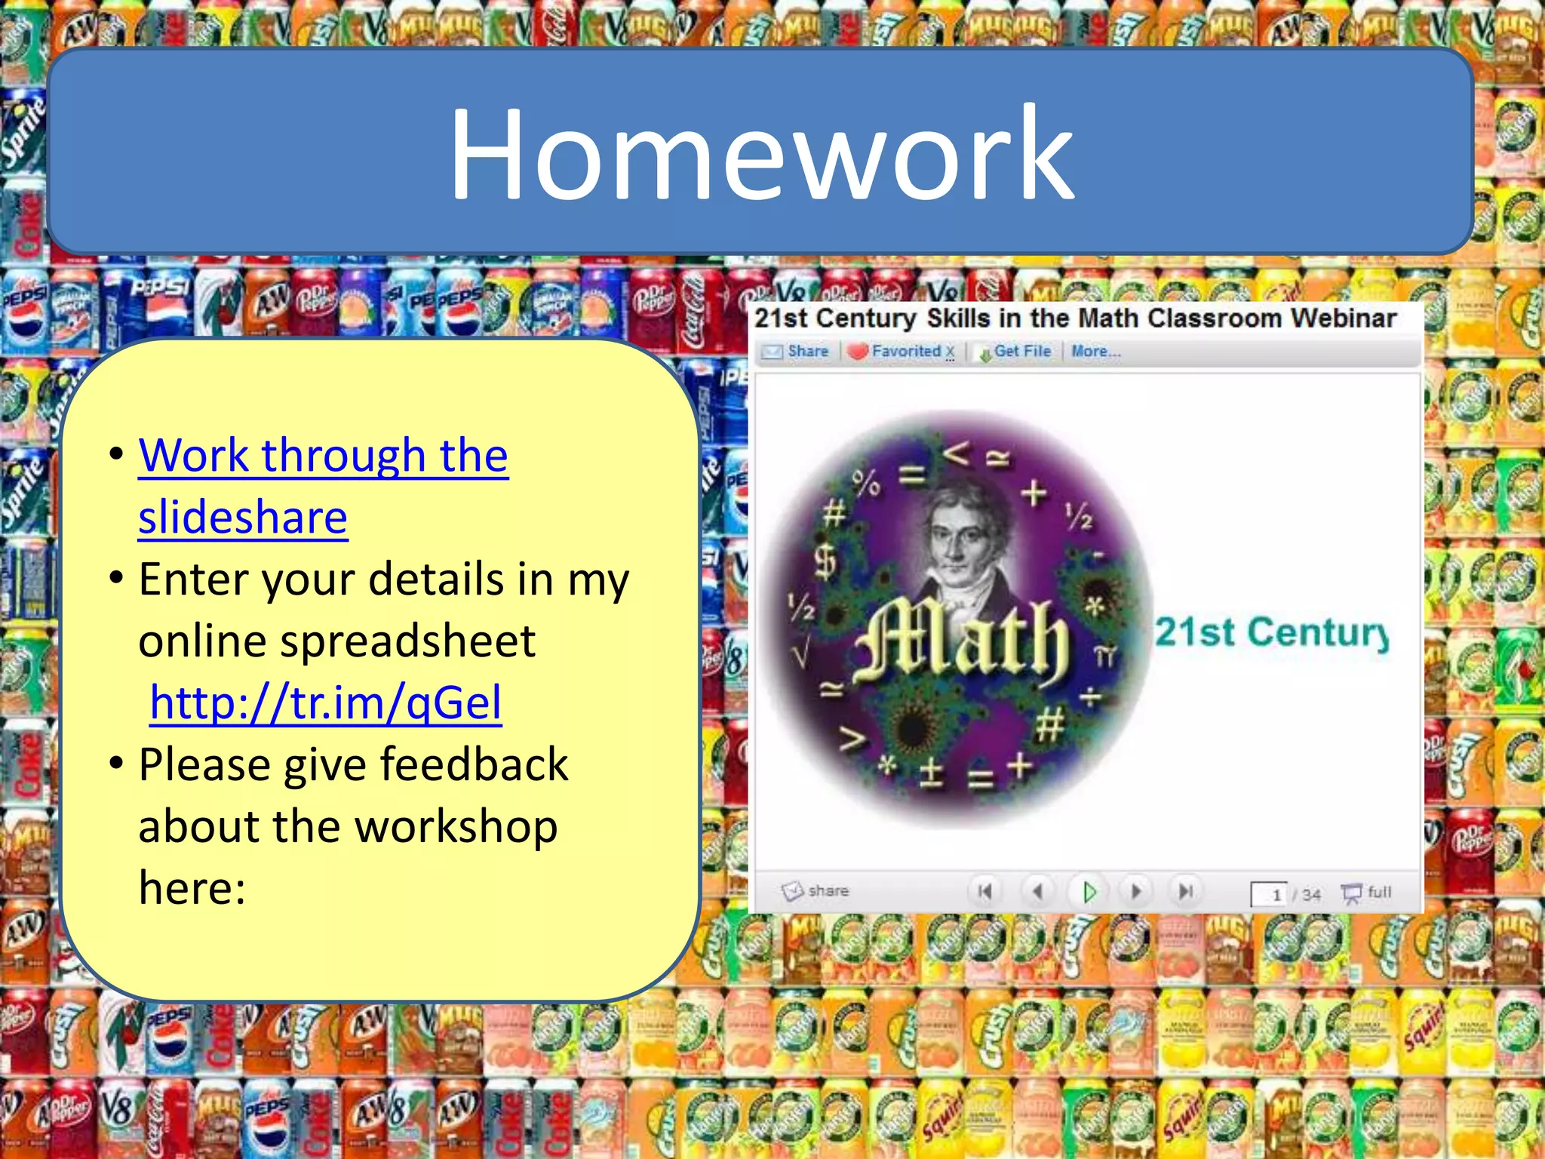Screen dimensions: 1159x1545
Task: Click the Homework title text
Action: (760, 155)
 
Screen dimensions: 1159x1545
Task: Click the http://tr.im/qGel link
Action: (326, 702)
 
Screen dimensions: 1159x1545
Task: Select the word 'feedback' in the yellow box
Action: (475, 764)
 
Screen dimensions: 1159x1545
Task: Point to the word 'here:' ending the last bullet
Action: (192, 887)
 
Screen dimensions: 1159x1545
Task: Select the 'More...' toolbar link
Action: (1095, 352)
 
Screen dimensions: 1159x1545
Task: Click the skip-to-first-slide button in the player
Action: (984, 892)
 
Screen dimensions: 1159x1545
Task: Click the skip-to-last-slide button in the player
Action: (1185, 892)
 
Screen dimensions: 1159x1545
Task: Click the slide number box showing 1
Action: (1270, 895)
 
